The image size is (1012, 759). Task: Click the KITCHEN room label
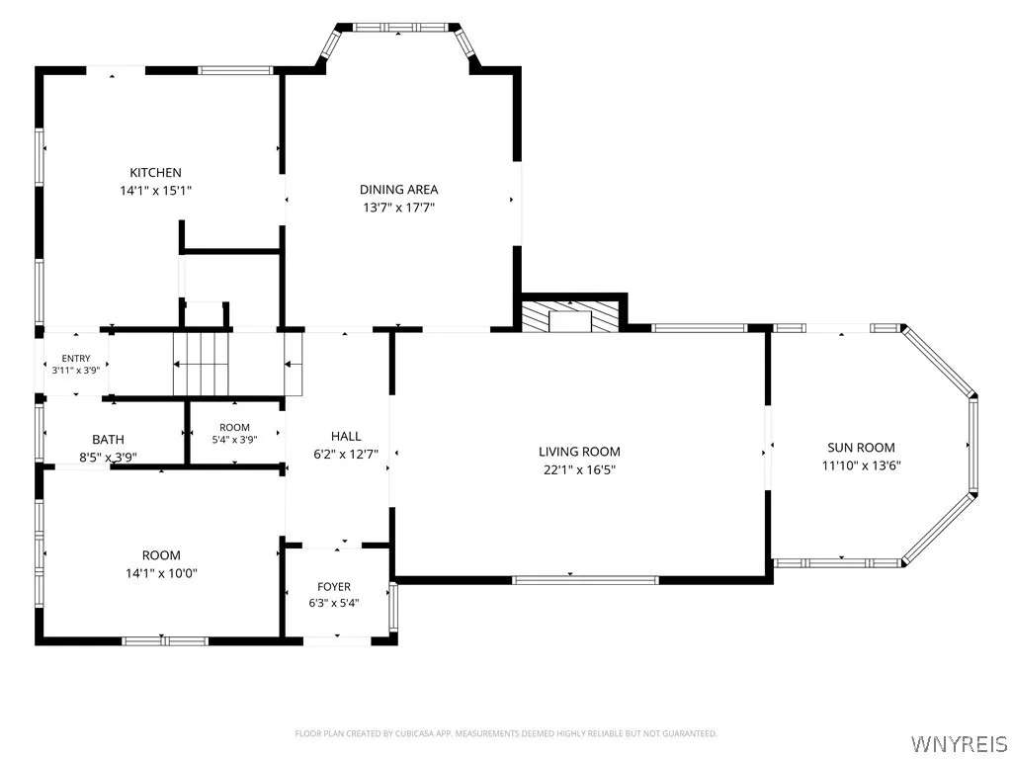(155, 172)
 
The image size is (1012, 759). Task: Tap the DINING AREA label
(398, 189)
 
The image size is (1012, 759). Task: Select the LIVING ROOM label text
(579, 452)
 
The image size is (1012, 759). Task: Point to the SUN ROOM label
(861, 448)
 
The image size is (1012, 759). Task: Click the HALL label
(346, 436)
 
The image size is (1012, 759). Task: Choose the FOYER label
(334, 587)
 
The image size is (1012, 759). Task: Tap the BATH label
(108, 440)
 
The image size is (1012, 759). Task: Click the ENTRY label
(76, 358)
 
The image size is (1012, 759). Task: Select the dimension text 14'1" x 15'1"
(155, 191)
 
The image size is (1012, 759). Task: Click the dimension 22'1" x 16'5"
(579, 469)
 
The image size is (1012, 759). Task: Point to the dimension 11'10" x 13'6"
(861, 465)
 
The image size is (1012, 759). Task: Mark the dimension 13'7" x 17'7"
(398, 208)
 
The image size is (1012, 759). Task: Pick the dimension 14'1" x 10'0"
(161, 573)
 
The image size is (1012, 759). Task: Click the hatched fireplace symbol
(570, 316)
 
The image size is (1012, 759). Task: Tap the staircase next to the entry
(202, 363)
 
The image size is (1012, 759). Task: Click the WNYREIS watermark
(958, 743)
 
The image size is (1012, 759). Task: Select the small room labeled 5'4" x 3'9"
(234, 433)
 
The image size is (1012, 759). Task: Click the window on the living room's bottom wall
(585, 579)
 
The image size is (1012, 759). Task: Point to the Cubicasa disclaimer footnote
(506, 733)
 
